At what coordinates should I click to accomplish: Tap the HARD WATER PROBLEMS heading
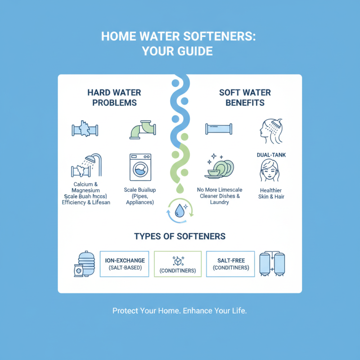click(114, 98)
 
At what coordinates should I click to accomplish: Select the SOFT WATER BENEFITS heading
click(245, 98)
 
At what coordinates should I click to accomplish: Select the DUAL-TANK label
click(272, 155)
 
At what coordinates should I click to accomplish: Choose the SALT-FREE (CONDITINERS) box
click(230, 264)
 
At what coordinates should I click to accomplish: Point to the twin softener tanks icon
click(273, 264)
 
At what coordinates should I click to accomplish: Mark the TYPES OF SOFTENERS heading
click(180, 236)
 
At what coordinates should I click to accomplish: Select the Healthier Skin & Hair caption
click(271, 193)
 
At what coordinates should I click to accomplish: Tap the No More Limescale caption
click(219, 190)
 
